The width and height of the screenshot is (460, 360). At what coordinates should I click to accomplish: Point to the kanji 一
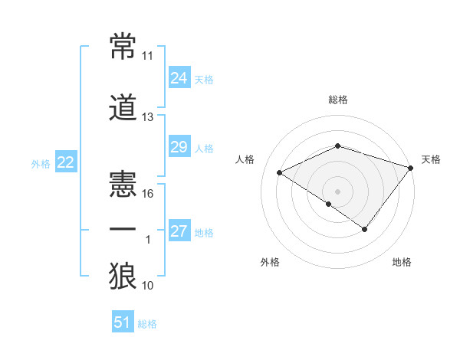coord(123,230)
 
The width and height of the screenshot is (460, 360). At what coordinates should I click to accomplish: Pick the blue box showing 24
coord(179,77)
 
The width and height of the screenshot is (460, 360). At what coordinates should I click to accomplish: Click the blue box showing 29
coord(179,147)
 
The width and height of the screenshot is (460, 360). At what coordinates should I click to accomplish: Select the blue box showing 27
coord(179,231)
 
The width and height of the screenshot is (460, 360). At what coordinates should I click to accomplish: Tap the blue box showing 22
coord(65,162)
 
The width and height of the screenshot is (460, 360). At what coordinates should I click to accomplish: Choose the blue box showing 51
coord(123,322)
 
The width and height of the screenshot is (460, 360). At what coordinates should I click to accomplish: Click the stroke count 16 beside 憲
coord(148,194)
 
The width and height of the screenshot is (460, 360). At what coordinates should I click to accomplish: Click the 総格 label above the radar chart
coord(337,100)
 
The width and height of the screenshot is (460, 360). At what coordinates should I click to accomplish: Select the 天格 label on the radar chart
coord(432,160)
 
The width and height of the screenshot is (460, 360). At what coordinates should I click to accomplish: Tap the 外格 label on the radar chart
coord(270,263)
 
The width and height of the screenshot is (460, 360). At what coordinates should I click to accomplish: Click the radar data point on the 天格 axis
coord(411,167)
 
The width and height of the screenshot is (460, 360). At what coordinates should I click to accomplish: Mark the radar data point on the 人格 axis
coord(280,173)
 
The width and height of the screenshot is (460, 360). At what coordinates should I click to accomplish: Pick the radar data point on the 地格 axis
coord(365,229)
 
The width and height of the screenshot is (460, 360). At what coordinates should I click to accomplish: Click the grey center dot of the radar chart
coord(337,191)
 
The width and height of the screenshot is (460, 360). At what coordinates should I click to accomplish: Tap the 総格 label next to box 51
coord(147,324)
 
